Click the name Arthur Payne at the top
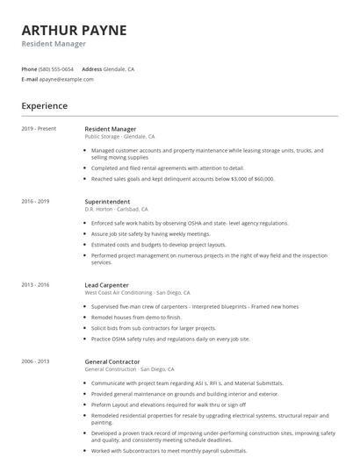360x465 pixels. (75, 30)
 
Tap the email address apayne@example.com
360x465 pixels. (66, 79)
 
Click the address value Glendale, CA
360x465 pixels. (119, 68)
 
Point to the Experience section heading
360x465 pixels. (45, 106)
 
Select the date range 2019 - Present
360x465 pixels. (39, 129)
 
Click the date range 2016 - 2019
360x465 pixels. (35, 202)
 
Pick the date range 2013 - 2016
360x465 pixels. (35, 285)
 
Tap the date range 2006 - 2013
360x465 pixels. (35, 361)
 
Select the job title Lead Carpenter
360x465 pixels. (107, 285)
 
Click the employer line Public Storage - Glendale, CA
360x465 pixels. (119, 137)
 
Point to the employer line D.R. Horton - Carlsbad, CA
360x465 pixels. (116, 210)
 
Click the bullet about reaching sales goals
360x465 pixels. (183, 178)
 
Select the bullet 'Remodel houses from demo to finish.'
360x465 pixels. (136, 317)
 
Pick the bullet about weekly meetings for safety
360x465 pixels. (150, 234)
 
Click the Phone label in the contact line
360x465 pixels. (29, 68)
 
